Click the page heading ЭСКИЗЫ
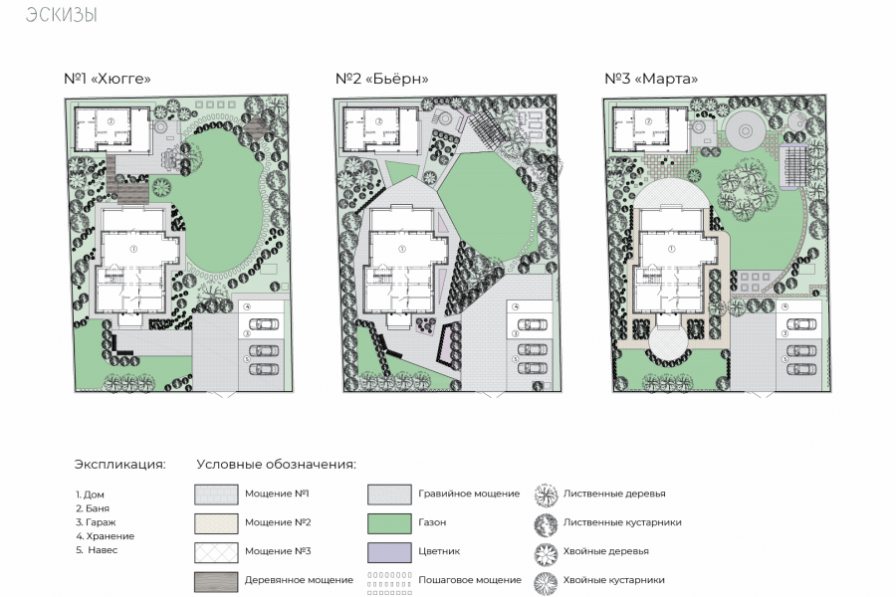(61, 14)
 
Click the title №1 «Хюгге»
(107, 79)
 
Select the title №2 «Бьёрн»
(381, 79)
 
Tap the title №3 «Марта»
(651, 79)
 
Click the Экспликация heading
(120, 464)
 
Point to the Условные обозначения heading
(276, 464)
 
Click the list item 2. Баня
(92, 508)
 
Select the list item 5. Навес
(97, 550)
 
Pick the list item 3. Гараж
(96, 522)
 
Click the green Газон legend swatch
(389, 523)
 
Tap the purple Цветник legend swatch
(389, 552)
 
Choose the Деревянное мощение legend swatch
(216, 581)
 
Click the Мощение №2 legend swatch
(216, 523)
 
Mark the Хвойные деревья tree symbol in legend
(546, 553)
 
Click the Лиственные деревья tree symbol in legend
(546, 496)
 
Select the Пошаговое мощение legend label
(470, 580)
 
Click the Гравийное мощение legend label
(469, 494)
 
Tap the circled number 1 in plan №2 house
(402, 249)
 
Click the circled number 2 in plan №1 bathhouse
(112, 121)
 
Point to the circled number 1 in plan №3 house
(671, 249)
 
